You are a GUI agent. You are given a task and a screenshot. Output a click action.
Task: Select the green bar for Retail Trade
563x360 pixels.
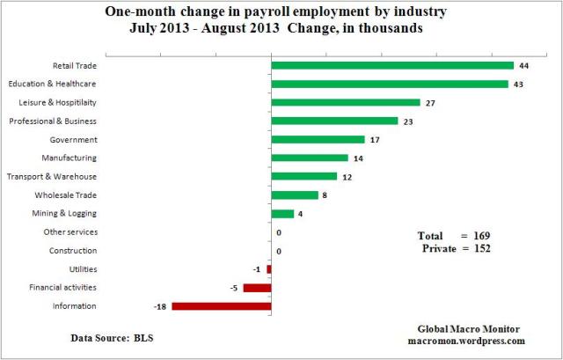click(x=392, y=65)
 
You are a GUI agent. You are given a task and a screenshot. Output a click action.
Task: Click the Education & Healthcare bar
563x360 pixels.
click(x=390, y=84)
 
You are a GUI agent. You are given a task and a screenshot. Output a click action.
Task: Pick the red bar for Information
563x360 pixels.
click(x=222, y=306)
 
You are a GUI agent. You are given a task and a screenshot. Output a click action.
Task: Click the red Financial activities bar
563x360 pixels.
click(x=257, y=288)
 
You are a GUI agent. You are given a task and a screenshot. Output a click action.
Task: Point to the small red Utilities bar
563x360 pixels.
click(x=269, y=269)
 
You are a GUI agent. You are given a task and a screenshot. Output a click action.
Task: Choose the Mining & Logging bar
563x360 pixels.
click(x=282, y=214)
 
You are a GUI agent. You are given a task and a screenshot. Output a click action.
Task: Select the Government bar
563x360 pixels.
click(x=318, y=139)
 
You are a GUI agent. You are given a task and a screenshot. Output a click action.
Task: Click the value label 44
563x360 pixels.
click(x=523, y=65)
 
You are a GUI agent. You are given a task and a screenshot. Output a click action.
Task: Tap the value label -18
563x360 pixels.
click(x=160, y=306)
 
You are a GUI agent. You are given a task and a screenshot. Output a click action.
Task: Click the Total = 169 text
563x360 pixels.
click(x=452, y=236)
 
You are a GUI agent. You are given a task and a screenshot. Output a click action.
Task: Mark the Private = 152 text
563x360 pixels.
click(x=456, y=249)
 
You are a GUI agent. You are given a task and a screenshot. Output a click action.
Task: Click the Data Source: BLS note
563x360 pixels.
click(x=111, y=337)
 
